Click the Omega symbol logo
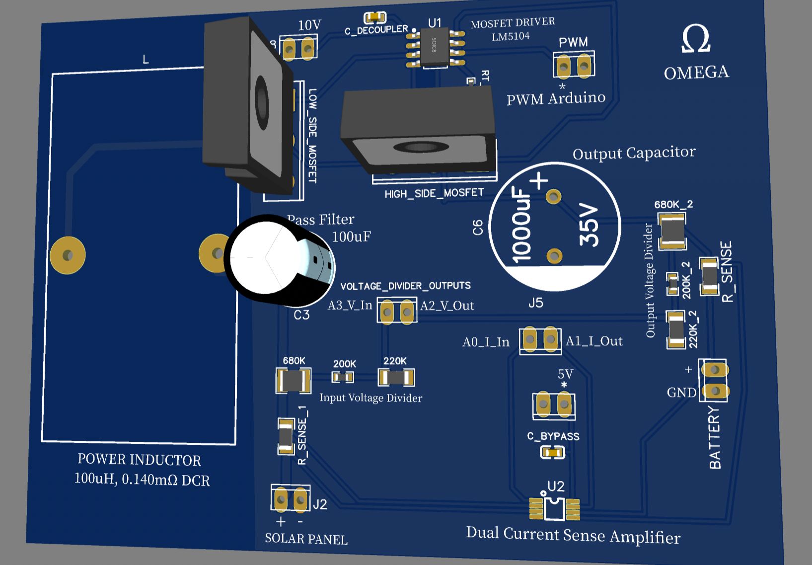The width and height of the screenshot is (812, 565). pyautogui.click(x=696, y=39)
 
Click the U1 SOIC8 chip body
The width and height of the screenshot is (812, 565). pyautogui.click(x=435, y=47)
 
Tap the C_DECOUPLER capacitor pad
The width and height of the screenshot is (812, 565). pyautogui.click(x=375, y=18)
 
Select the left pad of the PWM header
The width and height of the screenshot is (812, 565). pyautogui.click(x=563, y=66)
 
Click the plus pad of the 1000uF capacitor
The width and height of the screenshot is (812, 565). pyautogui.click(x=553, y=197)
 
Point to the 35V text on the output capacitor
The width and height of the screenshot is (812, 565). pyautogui.click(x=590, y=226)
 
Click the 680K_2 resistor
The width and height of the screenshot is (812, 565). pyautogui.click(x=672, y=231)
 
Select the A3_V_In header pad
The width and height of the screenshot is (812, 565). pyautogui.click(x=387, y=312)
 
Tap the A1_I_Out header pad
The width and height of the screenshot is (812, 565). pyautogui.click(x=550, y=339)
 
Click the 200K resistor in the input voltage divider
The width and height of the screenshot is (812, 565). pyautogui.click(x=343, y=377)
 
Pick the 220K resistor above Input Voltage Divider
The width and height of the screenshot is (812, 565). pyautogui.click(x=396, y=378)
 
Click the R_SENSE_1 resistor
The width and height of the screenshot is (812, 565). pyautogui.click(x=286, y=436)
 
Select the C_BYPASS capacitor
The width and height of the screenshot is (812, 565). pyautogui.click(x=553, y=452)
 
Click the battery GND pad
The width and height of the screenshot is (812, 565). pyautogui.click(x=715, y=391)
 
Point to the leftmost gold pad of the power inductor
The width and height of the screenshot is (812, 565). pyautogui.click(x=68, y=255)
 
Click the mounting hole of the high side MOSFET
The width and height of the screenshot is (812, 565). pyautogui.click(x=421, y=147)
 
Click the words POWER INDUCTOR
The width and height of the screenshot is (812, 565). pyautogui.click(x=139, y=460)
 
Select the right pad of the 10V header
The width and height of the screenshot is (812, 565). pyautogui.click(x=307, y=49)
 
